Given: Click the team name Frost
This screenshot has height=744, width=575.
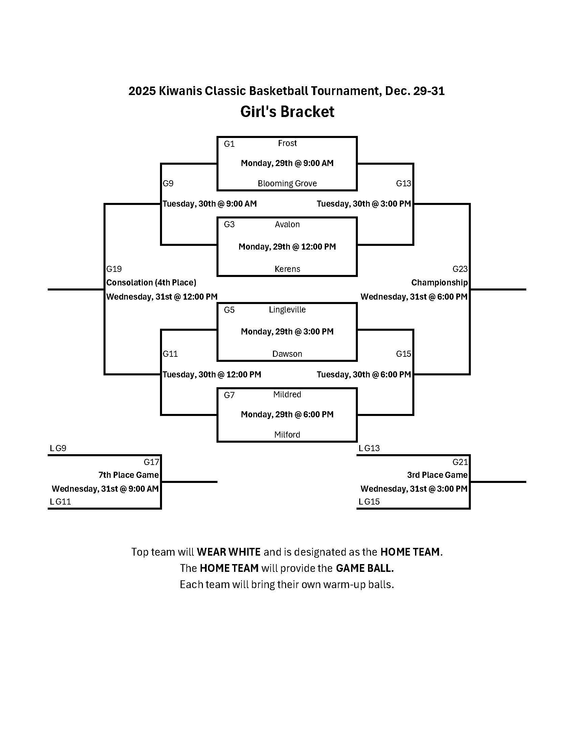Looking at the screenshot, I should point(287,143).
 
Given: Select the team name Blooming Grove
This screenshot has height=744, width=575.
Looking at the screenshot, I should point(287,184).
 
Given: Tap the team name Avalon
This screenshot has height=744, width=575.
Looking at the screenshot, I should point(287,225).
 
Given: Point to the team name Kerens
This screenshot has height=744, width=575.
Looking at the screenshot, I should point(287,269).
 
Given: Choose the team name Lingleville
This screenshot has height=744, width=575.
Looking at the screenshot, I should point(287,310).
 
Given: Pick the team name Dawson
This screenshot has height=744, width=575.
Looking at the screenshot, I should point(287,354).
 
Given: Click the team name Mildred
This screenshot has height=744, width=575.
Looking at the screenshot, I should point(287,394).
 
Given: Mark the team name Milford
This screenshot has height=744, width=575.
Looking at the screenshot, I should point(287,435).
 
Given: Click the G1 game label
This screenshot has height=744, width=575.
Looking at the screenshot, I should point(229,144).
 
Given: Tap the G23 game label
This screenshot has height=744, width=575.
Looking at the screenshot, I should point(460,269).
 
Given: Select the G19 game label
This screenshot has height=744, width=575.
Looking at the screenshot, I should point(114,269).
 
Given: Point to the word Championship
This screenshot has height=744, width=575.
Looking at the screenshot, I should point(439,283).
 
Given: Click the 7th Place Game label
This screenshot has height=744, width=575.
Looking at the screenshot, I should point(129,475).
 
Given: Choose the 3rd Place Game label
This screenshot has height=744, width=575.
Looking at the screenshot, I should point(437,475).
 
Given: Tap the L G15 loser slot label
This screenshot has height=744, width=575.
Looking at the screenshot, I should point(369,502).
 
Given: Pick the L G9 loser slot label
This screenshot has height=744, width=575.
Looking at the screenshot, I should point(58,448).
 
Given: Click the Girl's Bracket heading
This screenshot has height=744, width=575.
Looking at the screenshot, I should point(287,112).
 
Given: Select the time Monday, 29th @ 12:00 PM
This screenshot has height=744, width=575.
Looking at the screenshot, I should point(287,247).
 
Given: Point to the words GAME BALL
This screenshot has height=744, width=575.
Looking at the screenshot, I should point(365,568).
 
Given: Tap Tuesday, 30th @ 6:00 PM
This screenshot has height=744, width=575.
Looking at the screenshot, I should point(364,375).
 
